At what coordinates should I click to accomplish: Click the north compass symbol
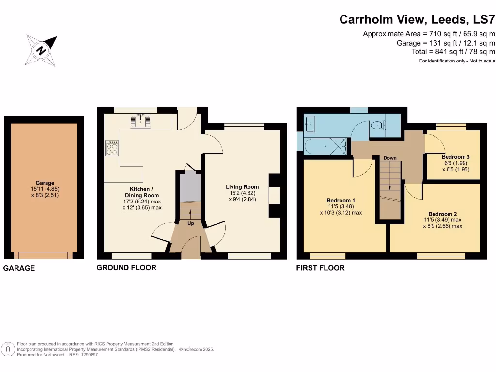41,50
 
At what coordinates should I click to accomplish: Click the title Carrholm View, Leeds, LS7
417,20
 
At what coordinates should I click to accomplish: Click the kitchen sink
142,121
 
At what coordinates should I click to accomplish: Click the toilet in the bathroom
376,125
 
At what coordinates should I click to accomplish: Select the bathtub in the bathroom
325,144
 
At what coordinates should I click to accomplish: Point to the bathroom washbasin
309,124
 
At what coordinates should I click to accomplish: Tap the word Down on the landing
389,158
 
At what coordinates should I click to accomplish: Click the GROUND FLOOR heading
126,268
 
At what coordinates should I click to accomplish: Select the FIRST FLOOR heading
320,268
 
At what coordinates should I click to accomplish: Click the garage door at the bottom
44,255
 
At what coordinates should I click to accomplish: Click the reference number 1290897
88,355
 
